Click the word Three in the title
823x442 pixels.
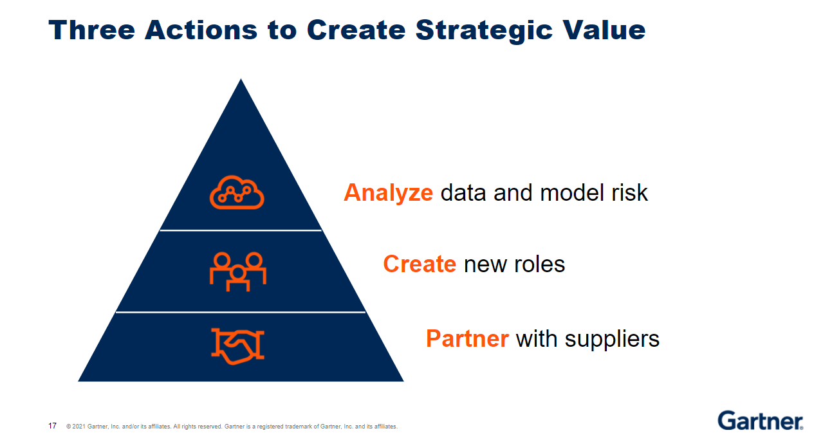pyautogui.click(x=91, y=30)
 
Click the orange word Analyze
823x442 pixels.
pyautogui.click(x=388, y=192)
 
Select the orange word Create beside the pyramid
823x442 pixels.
pyautogui.click(x=420, y=264)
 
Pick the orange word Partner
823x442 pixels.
pyautogui.click(x=467, y=338)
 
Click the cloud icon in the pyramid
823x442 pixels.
pyautogui.click(x=237, y=192)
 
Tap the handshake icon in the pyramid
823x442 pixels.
pyautogui.click(x=237, y=345)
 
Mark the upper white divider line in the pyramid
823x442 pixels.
pyautogui.click(x=241, y=230)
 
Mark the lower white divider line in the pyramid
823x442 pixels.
pyautogui.click(x=241, y=312)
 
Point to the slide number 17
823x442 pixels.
pyautogui.click(x=52, y=426)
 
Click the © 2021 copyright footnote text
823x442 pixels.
pyautogui.click(x=232, y=427)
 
